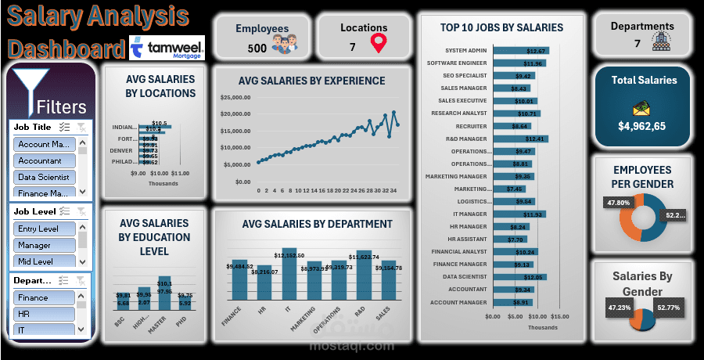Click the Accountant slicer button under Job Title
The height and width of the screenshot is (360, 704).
(x=44, y=160)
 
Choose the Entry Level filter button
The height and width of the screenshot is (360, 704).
(x=44, y=229)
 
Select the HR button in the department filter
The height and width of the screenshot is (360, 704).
(x=44, y=313)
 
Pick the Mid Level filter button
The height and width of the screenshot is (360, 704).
(x=44, y=261)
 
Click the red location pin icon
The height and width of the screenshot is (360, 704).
(x=379, y=44)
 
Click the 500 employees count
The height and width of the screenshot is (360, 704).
(x=257, y=48)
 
